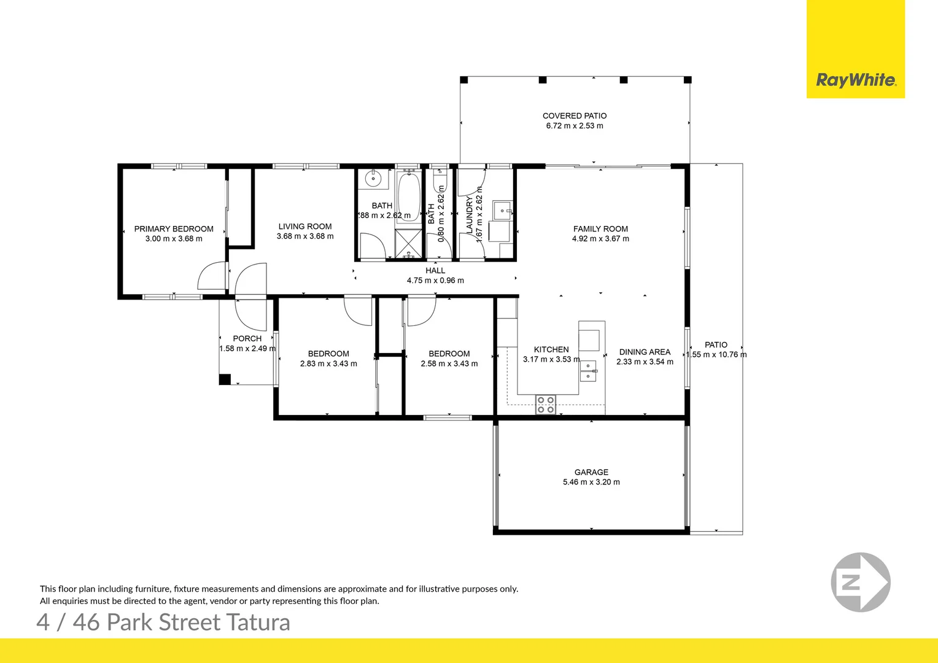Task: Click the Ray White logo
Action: point(855,80)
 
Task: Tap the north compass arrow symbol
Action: point(860,582)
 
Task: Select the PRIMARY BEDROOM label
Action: point(174,229)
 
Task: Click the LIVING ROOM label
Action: point(305,227)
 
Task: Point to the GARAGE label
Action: point(591,472)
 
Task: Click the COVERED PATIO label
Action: point(575,115)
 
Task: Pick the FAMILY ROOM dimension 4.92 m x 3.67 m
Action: point(600,239)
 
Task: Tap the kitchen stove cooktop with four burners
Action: point(546,405)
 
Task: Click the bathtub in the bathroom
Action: point(409,196)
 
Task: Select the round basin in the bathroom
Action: point(373,179)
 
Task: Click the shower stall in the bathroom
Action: point(408,244)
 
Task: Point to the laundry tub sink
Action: point(503,211)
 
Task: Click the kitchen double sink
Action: point(588,371)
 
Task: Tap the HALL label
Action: point(435,271)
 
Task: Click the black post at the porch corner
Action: point(225,379)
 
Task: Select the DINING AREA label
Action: point(645,352)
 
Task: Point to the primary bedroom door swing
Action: point(212,277)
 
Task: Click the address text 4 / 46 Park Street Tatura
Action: point(163,622)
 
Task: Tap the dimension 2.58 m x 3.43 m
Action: point(449,364)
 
